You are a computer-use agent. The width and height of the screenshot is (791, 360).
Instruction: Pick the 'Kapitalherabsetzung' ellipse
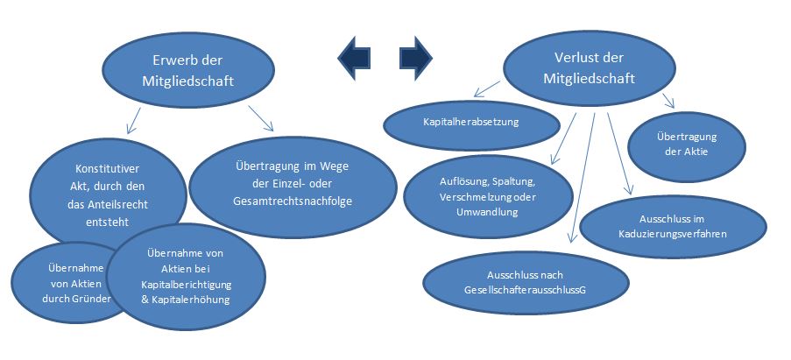coord(471,123)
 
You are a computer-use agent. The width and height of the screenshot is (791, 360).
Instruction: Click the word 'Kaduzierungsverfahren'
coord(670,234)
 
